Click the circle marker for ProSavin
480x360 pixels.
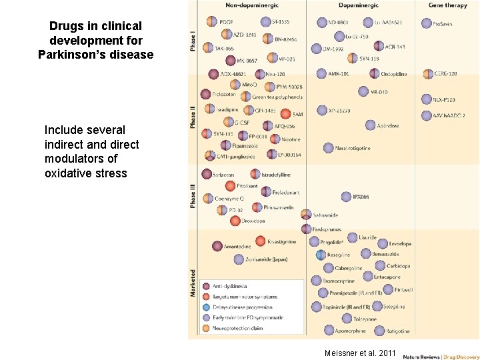pos(427,23)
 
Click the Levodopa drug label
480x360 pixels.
pos(400,245)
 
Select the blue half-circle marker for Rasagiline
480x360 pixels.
pos(321,255)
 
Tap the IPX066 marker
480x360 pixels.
pos(346,197)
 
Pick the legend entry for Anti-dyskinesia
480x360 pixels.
pos(233,287)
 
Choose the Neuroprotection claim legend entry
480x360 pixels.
pos(238,328)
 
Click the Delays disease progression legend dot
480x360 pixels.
pos(206,307)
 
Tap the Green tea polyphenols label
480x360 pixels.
pos(277,97)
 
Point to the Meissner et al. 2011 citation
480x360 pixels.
pos(360,353)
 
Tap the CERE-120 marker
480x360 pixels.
pos(427,74)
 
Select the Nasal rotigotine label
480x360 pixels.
pos(352,148)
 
